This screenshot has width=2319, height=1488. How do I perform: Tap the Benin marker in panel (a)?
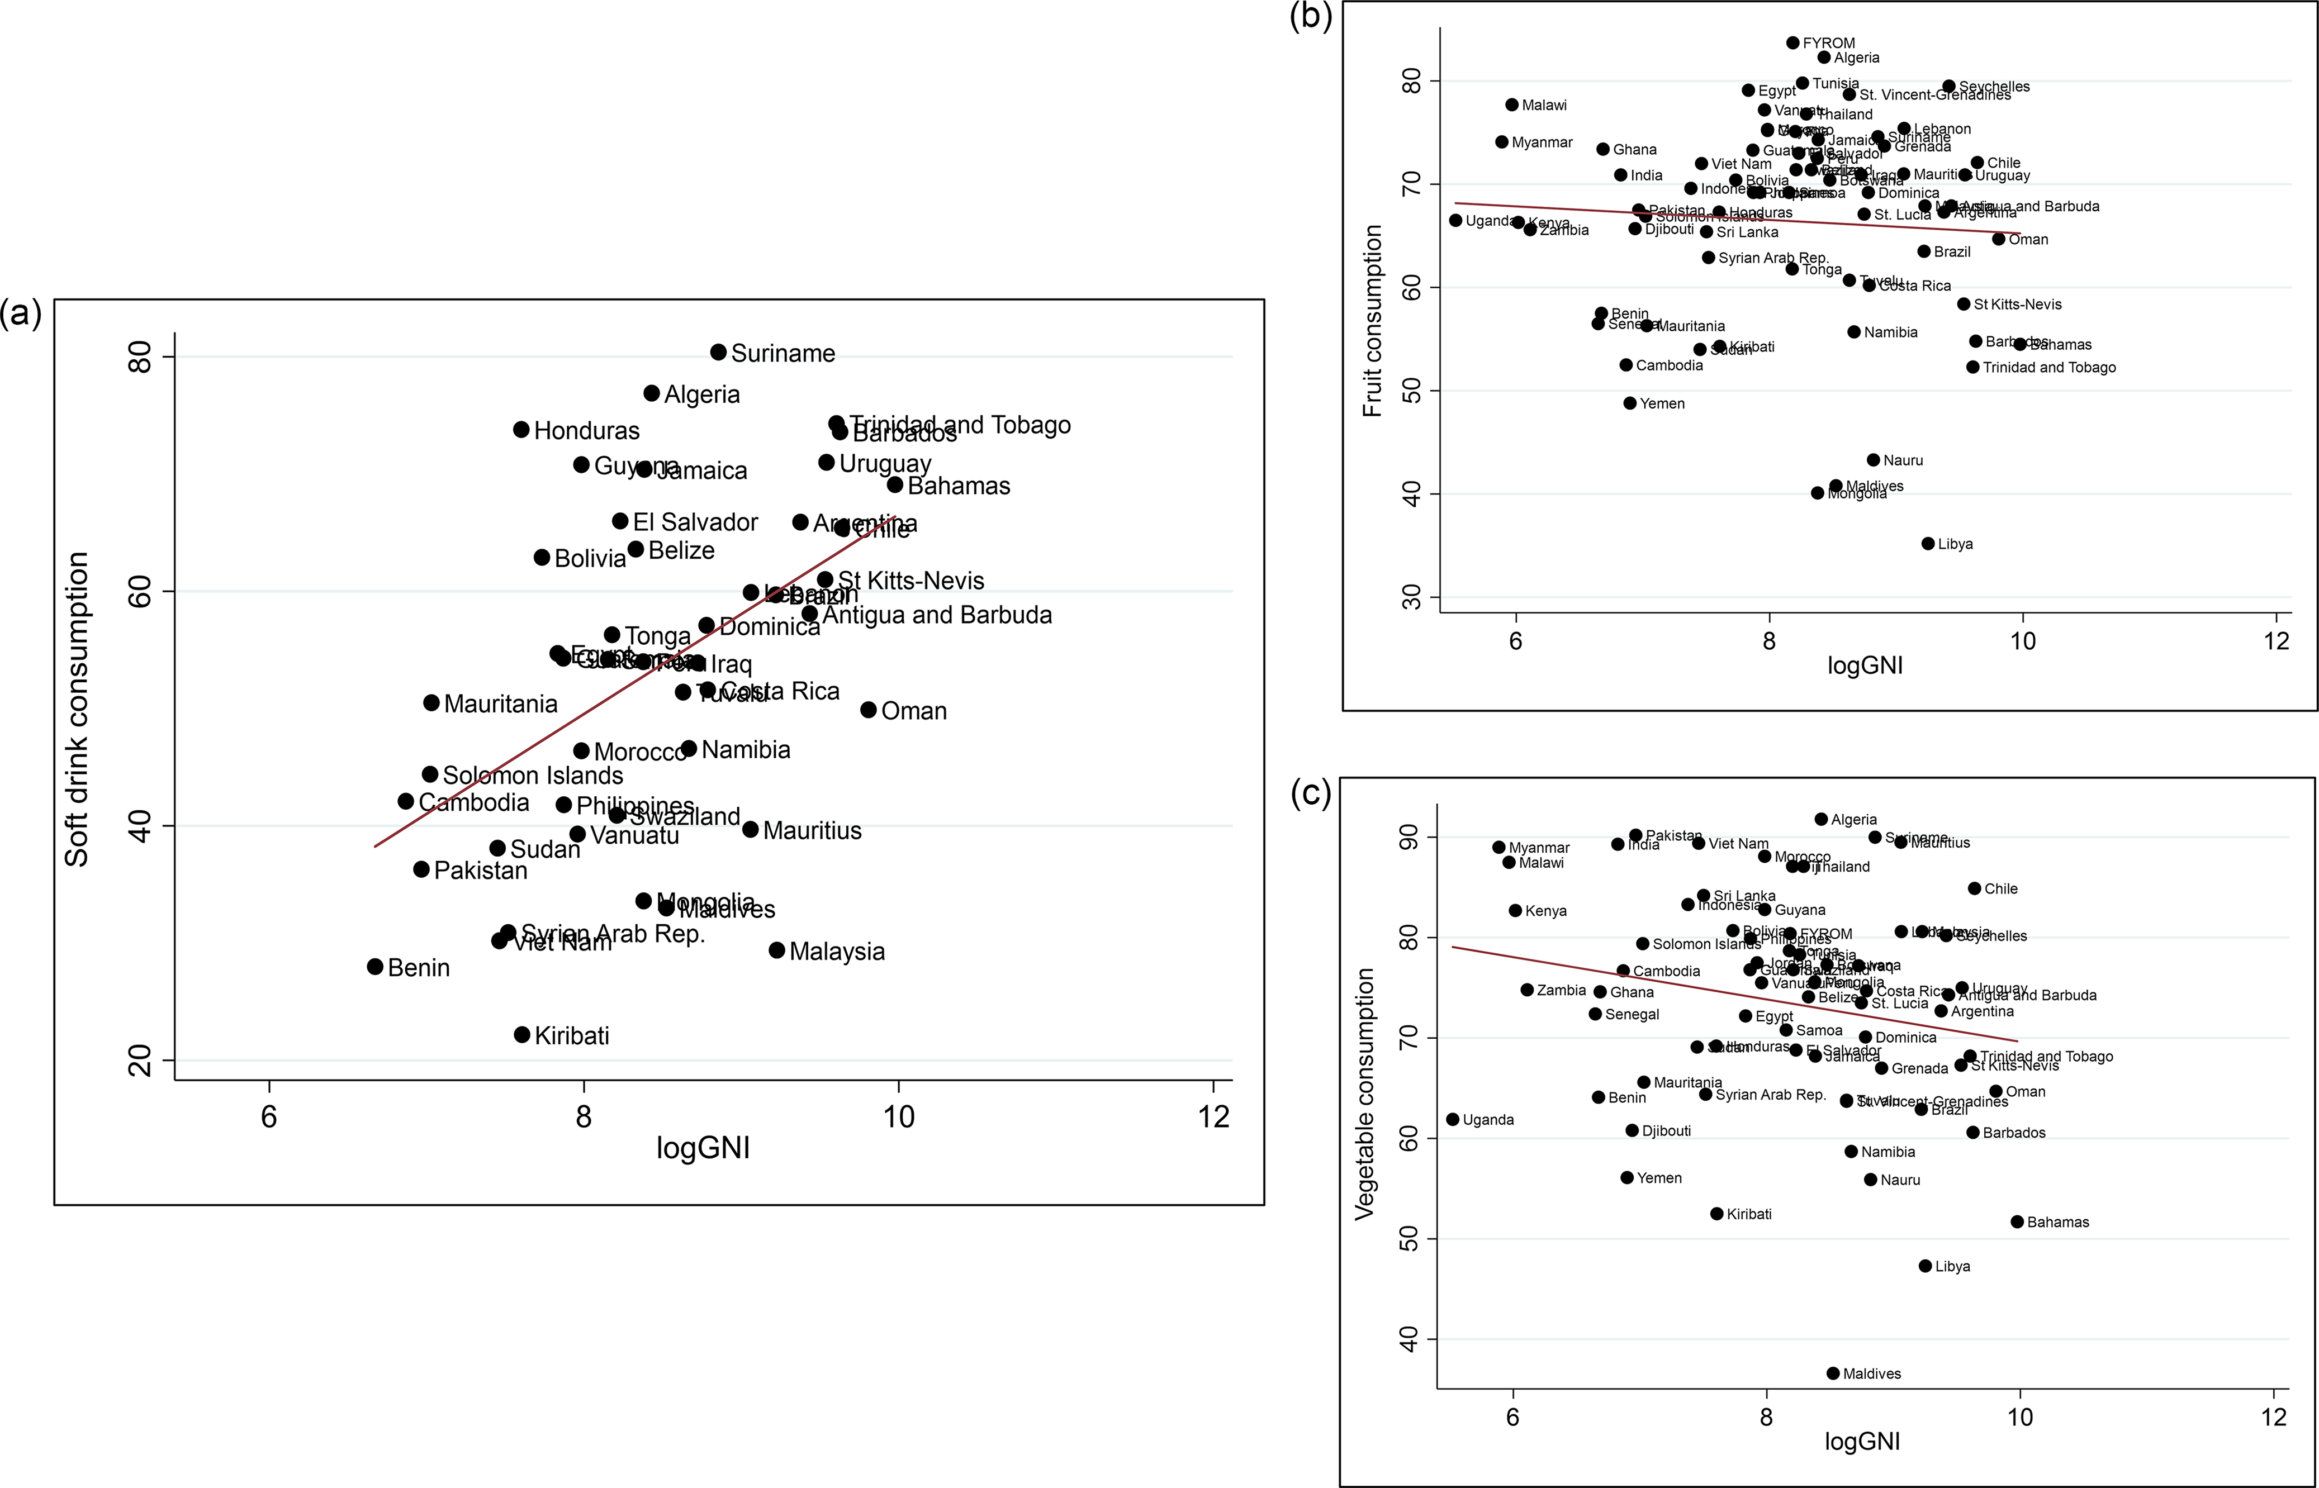(x=375, y=966)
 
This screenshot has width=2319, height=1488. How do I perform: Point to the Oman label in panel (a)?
(x=913, y=712)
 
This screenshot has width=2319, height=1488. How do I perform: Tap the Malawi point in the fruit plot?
(x=1511, y=104)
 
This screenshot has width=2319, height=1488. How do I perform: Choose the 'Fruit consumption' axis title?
(x=1372, y=321)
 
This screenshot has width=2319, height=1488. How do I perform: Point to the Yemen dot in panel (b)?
(x=1630, y=403)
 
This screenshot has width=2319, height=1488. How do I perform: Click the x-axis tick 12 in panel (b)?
(x=2277, y=640)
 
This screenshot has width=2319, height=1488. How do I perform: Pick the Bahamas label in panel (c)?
(x=2057, y=1222)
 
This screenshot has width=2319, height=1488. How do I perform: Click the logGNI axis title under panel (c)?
(x=1862, y=1442)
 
